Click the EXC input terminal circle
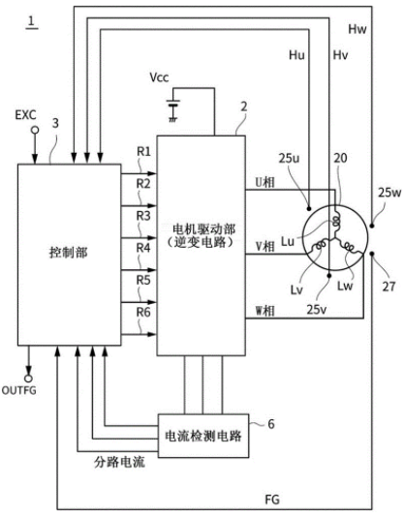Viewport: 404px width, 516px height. (35, 131)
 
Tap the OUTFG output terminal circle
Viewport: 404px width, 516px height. (29, 379)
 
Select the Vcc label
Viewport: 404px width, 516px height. (159, 77)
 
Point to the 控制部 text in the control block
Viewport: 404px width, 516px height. (69, 253)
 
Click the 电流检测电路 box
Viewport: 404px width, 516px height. (203, 436)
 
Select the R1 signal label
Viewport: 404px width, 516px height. (143, 152)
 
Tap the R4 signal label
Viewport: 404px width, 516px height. (143, 248)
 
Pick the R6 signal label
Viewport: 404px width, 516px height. (143, 313)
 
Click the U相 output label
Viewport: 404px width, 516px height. (265, 182)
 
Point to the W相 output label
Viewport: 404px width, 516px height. (265, 311)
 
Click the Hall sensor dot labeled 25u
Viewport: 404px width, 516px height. (309, 208)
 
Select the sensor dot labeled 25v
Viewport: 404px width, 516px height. (329, 275)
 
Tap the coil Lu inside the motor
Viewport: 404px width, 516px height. (336, 222)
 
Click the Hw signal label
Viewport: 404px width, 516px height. (357, 29)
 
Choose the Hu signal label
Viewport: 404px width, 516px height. (296, 55)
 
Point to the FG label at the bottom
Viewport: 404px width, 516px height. (272, 500)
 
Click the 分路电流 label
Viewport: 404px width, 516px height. (119, 463)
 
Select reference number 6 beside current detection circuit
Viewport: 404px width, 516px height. (271, 424)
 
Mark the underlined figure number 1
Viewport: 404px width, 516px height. (31, 21)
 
